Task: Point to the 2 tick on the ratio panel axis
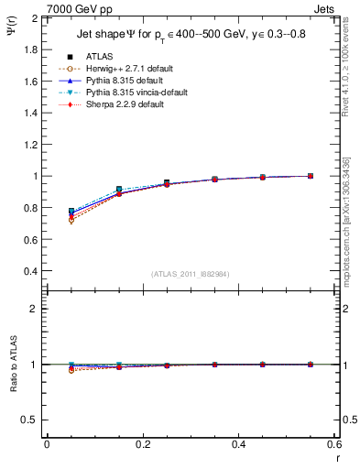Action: [x=35, y=309]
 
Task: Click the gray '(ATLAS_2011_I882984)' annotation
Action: [x=191, y=274]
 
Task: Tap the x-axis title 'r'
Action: [x=336, y=457]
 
